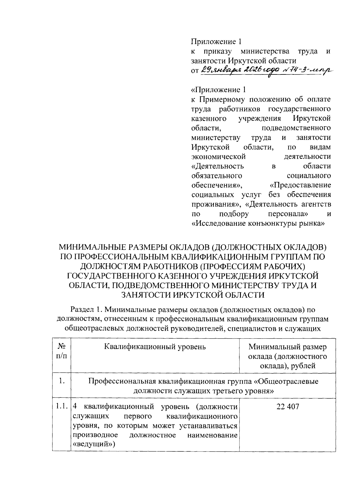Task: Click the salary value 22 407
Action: point(287,407)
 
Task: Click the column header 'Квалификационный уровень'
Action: point(155,347)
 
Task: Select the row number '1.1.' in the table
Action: point(61,407)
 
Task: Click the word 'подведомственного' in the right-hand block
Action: point(296,128)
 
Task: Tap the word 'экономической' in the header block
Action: point(218,157)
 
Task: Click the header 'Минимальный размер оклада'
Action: point(287,352)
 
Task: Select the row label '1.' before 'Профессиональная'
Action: point(61,381)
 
